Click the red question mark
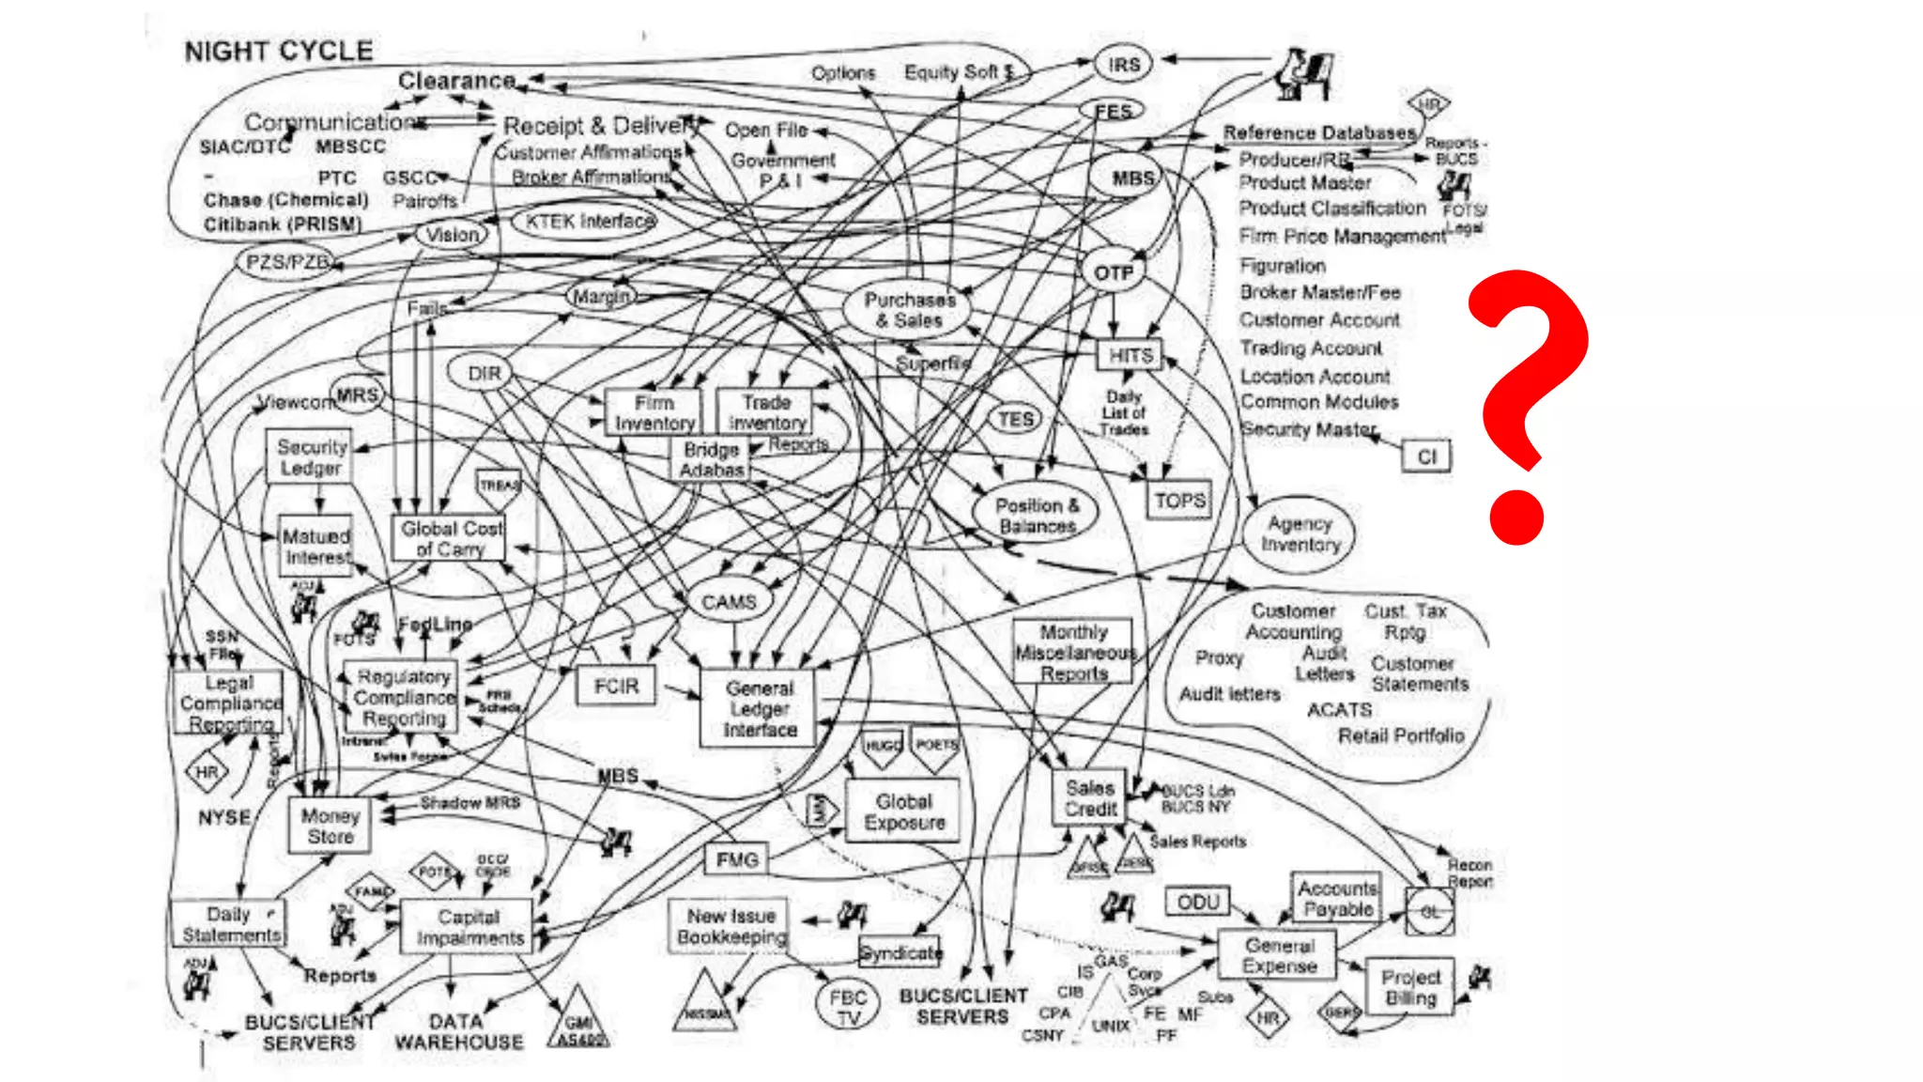(x=1526, y=404)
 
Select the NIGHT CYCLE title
(x=279, y=52)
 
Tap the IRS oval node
(x=1123, y=65)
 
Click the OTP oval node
(x=1114, y=272)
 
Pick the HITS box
(x=1130, y=356)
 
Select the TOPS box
(x=1179, y=501)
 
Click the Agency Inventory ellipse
(x=1300, y=534)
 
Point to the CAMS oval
(x=729, y=602)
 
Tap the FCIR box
(x=616, y=687)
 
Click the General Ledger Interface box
(x=760, y=709)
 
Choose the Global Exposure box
(x=904, y=811)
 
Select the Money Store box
(x=331, y=827)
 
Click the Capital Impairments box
(x=469, y=927)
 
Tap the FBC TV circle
(x=848, y=1007)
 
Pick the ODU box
(x=1197, y=902)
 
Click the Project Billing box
(x=1410, y=987)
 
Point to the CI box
(x=1426, y=456)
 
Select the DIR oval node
(x=485, y=373)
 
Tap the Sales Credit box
(x=1090, y=798)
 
